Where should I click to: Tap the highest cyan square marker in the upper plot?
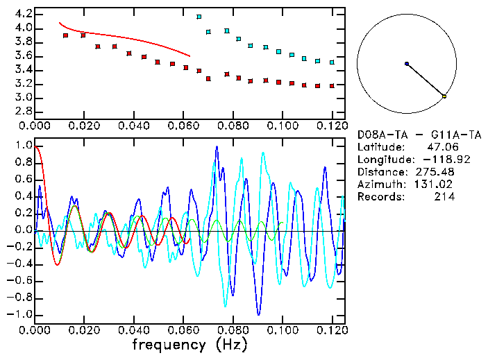pos(199,17)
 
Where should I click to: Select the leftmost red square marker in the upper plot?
pos(66,35)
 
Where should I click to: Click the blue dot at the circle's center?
pos(407,64)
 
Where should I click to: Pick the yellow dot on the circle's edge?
pos(444,96)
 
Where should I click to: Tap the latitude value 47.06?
pos(441,147)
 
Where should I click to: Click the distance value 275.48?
pos(435,172)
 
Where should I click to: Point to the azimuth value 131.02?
pos(435,185)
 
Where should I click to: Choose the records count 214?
pos(444,197)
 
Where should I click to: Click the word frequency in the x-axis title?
pos(169,345)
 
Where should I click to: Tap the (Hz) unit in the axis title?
pos(230,345)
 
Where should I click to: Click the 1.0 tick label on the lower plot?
pos(22,146)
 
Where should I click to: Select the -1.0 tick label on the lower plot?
pos(19,314)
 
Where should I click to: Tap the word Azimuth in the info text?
pos(379,185)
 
